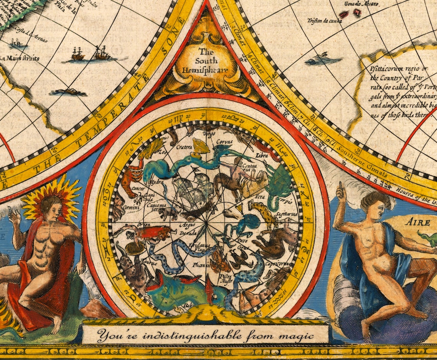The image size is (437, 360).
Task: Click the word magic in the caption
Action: [x=296, y=336]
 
